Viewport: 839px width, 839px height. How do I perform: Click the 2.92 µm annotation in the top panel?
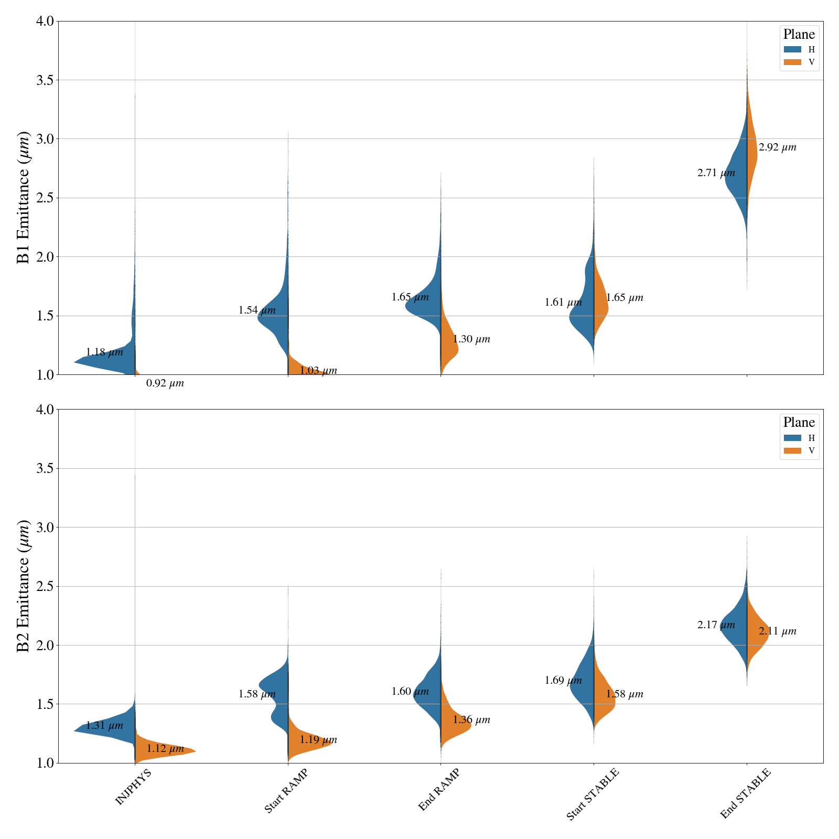click(x=777, y=147)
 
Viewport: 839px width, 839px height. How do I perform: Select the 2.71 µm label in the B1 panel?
click(x=716, y=173)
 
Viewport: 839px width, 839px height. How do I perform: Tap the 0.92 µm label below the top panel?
click(x=165, y=383)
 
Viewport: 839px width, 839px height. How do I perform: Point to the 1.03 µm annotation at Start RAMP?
click(x=318, y=371)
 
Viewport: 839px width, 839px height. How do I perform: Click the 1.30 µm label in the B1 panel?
click(x=471, y=339)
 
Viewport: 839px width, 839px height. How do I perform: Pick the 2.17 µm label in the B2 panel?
click(x=716, y=625)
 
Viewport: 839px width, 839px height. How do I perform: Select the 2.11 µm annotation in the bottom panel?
click(x=777, y=631)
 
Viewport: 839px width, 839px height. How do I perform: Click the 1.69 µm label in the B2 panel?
click(x=563, y=681)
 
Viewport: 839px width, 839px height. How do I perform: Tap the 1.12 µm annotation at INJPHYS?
click(x=165, y=749)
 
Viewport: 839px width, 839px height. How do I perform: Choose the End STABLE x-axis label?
click(x=745, y=794)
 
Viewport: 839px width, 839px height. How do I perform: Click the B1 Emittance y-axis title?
click(x=24, y=198)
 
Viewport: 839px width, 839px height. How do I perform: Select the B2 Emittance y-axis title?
click(x=24, y=586)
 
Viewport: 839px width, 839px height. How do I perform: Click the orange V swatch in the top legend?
click(x=792, y=62)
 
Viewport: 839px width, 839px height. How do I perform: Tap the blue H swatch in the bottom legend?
click(x=792, y=438)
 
